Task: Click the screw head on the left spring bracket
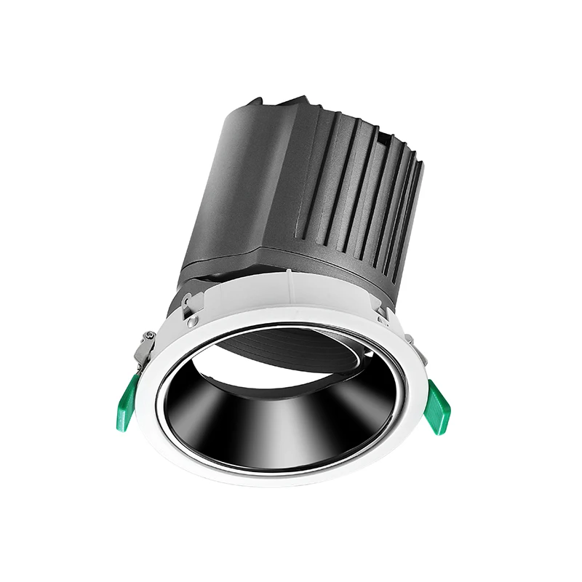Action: pyautogui.click(x=149, y=335)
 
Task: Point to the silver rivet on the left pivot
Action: pyautogui.click(x=192, y=321)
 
